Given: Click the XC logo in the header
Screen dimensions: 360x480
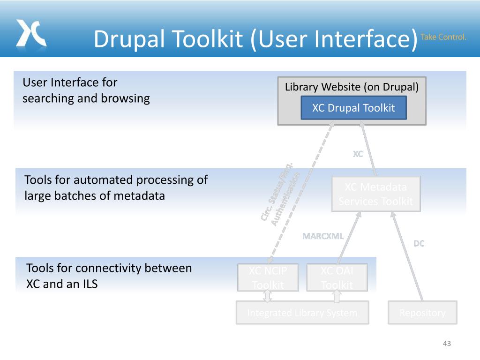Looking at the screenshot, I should [x=31, y=33].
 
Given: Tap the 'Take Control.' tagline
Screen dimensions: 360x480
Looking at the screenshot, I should [x=443, y=37].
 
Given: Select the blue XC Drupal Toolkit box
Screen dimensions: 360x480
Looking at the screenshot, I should [x=353, y=108].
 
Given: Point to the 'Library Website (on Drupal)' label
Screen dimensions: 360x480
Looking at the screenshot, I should [x=352, y=87].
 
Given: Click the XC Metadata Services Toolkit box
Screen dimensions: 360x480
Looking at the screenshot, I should [x=375, y=194].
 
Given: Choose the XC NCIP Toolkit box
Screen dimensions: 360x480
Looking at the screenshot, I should [x=268, y=277].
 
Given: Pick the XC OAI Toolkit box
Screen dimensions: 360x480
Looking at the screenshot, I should [x=337, y=277].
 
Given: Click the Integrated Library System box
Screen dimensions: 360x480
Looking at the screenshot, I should [x=302, y=313].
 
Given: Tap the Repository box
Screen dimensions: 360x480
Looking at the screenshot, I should [x=422, y=313].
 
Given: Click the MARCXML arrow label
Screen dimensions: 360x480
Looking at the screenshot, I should [x=323, y=236].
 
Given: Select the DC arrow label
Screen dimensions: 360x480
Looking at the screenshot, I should [x=419, y=243].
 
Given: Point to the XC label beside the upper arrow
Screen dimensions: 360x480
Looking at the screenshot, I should [x=358, y=154].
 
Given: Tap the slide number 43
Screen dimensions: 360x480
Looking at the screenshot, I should [x=447, y=344].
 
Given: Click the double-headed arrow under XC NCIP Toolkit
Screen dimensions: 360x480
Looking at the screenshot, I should [x=268, y=296].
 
